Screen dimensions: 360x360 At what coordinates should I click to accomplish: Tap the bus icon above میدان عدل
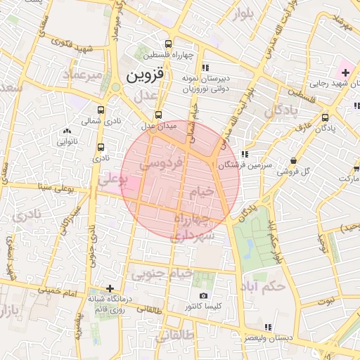(158, 114)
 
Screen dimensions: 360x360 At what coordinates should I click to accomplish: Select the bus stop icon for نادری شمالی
(101, 110)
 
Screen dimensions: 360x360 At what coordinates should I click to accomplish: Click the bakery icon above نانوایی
(67, 130)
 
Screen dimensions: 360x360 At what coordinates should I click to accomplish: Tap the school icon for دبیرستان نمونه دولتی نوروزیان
(205, 67)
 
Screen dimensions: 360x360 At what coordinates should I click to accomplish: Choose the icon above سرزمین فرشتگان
(244, 154)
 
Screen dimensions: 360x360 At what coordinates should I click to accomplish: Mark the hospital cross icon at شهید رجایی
(345, 72)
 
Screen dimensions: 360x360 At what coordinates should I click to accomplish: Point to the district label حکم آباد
(262, 287)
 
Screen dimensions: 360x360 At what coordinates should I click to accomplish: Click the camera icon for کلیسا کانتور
(204, 296)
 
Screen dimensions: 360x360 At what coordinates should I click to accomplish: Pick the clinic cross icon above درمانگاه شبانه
(110, 288)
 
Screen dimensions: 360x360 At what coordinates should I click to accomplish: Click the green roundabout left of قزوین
(114, 87)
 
